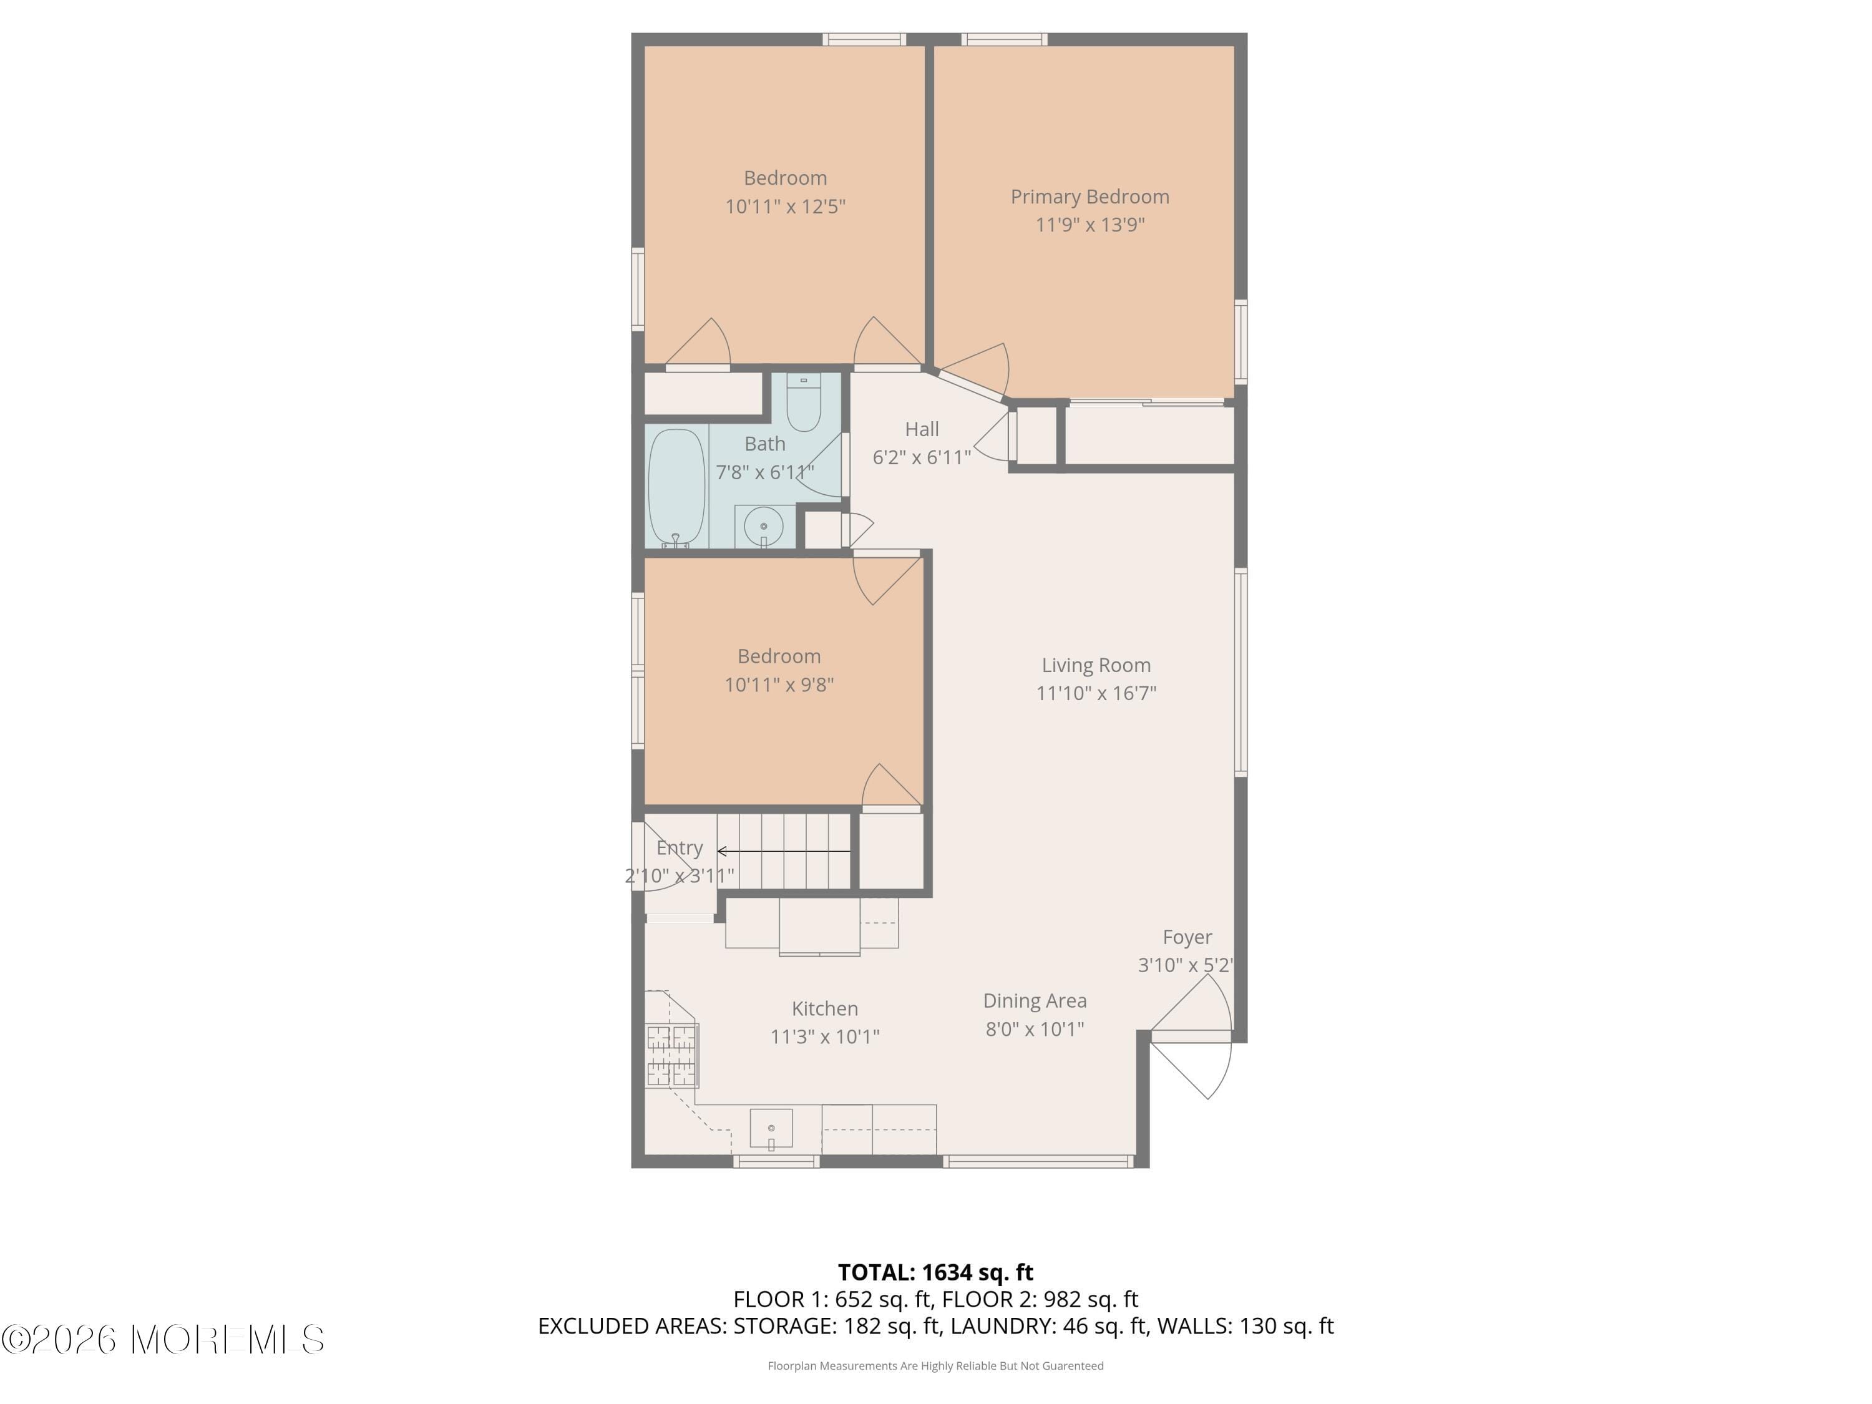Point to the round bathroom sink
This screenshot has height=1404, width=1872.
[763, 527]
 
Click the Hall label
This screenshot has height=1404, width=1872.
[922, 429]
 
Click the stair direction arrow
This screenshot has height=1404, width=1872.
[783, 851]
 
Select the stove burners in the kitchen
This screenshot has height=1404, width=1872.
[672, 1055]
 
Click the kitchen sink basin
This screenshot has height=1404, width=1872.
[771, 1128]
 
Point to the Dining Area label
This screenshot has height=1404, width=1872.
[1034, 1000]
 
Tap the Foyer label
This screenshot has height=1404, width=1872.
[1186, 937]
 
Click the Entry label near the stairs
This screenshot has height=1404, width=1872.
[680, 847]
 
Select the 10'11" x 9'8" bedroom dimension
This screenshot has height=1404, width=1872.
[779, 685]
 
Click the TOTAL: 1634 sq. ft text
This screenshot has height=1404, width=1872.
[935, 1272]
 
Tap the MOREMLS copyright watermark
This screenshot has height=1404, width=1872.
[162, 1340]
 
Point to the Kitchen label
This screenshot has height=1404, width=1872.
[824, 1008]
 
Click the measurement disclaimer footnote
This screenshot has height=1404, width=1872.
[935, 1365]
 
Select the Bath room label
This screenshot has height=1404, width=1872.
[764, 444]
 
